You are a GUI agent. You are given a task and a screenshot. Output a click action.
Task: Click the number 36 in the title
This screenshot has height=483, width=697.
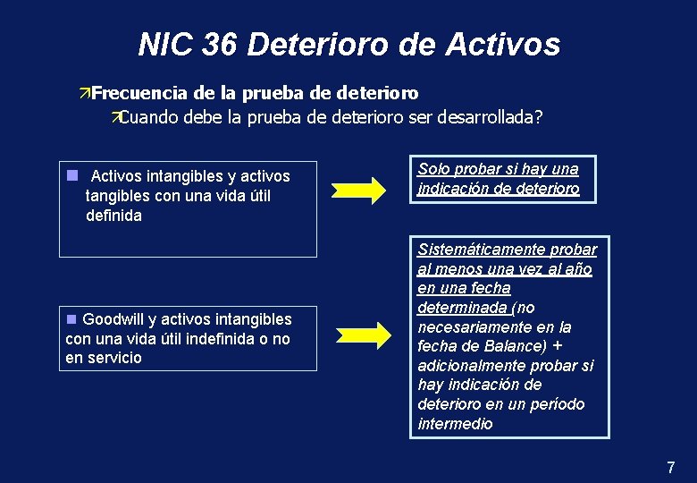click(220, 44)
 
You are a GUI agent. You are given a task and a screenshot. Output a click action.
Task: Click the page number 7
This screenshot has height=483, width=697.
click(671, 467)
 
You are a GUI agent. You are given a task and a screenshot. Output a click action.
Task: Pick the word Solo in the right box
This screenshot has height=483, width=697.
click(434, 169)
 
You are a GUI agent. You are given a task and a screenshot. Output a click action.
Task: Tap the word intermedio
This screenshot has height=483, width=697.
click(455, 424)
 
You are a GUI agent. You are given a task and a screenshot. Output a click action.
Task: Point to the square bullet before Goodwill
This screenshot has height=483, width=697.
click(71, 318)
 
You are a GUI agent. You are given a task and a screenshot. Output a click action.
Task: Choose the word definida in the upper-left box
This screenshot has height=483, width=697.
click(113, 216)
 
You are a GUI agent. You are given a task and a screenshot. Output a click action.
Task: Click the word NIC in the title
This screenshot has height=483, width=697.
click(165, 44)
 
